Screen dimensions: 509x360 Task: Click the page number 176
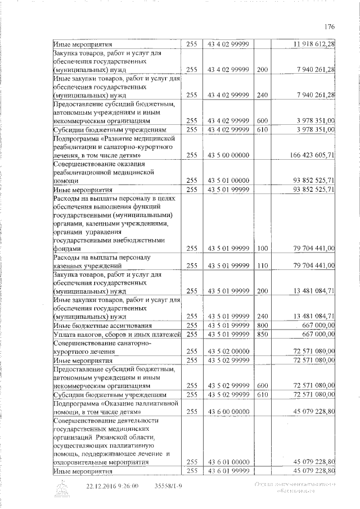tap(330, 26)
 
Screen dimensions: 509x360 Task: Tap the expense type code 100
tap(262, 247)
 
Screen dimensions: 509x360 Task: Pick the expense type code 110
tap(262, 265)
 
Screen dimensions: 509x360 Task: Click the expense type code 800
tap(262, 325)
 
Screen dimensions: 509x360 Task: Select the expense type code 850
tap(262, 334)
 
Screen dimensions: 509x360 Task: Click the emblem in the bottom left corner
tap(61, 489)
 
